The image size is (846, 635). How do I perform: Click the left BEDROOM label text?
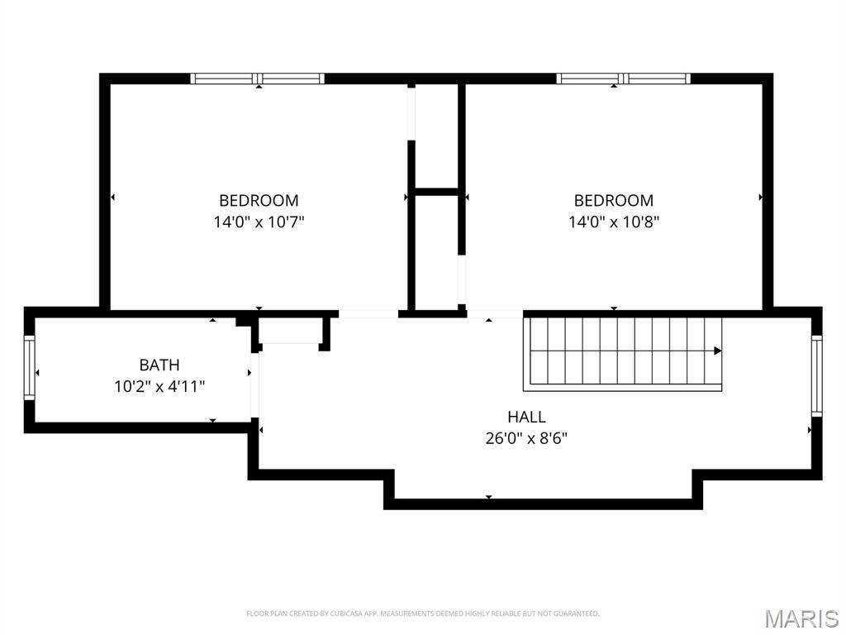[x=259, y=200]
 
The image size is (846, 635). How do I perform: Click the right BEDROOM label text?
[x=613, y=200]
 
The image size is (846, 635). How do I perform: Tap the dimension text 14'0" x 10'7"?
[x=259, y=222]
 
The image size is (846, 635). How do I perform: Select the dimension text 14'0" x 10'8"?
[x=613, y=222]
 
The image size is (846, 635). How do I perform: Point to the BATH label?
[x=159, y=365]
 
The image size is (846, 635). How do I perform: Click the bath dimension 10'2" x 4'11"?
[x=159, y=386]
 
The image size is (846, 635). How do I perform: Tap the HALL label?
[x=526, y=417]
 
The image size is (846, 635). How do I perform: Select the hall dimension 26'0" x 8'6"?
[x=526, y=438]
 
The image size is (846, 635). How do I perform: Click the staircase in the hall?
[x=622, y=353]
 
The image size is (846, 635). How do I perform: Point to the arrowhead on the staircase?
[x=717, y=351]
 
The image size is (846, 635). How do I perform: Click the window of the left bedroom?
[x=257, y=79]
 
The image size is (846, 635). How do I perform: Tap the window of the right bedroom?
[x=623, y=79]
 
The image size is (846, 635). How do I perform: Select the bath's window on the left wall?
[x=29, y=368]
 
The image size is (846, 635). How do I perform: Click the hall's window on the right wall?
[x=816, y=376]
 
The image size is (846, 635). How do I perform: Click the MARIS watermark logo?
[x=801, y=618]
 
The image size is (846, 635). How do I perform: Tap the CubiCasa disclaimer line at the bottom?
[x=422, y=614]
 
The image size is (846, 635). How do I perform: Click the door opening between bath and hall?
[x=255, y=386]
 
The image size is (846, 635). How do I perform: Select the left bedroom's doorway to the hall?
[x=368, y=314]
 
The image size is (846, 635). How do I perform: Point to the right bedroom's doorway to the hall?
[x=495, y=314]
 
